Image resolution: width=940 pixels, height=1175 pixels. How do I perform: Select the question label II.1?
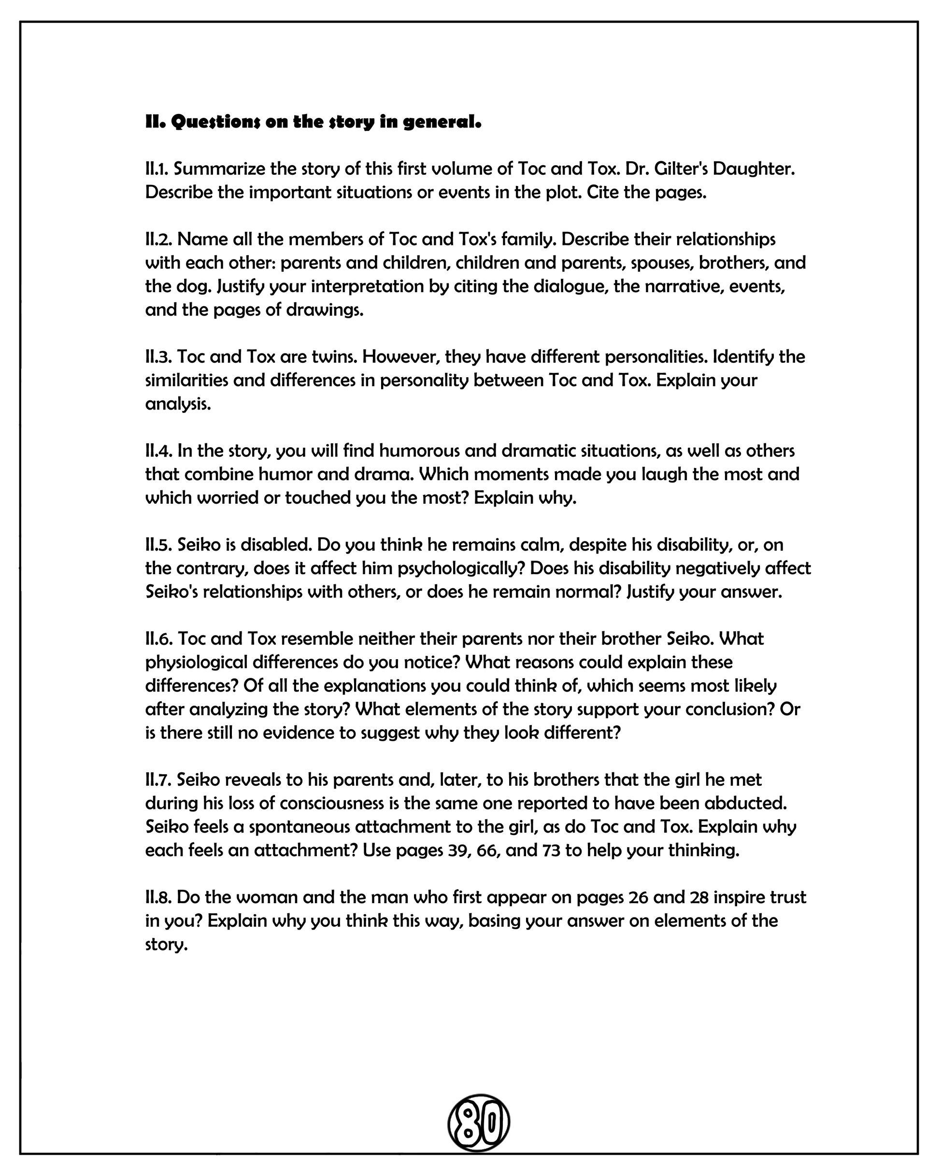point(157,169)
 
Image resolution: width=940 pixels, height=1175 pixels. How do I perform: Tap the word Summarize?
point(220,169)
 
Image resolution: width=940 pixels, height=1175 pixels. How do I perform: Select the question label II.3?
point(159,356)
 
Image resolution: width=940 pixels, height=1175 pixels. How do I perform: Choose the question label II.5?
point(159,544)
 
